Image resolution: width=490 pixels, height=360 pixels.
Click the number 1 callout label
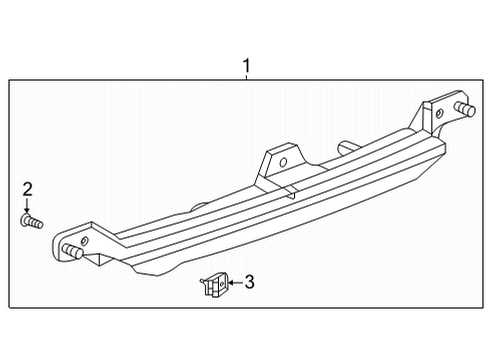[246, 67]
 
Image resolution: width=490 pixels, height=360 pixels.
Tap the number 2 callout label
[27, 189]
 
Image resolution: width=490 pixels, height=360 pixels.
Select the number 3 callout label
[249, 283]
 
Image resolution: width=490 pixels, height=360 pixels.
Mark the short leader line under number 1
[246, 79]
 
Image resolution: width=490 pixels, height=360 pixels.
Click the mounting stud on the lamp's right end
[463, 108]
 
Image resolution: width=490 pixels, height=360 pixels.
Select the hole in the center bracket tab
[282, 160]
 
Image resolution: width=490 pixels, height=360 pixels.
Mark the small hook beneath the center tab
[288, 187]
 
